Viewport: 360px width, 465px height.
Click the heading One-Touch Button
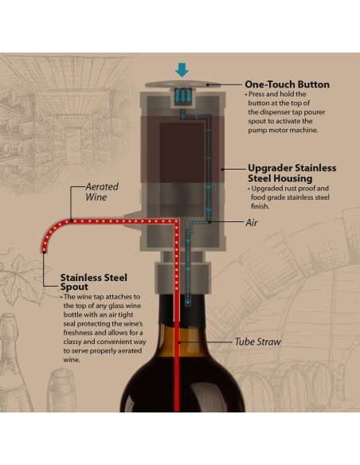pyautogui.click(x=287, y=84)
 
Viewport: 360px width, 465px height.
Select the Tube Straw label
pyautogui.click(x=256, y=342)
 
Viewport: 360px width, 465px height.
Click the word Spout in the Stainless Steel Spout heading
pyautogui.click(x=74, y=287)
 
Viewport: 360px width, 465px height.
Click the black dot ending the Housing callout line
pyautogui.click(x=225, y=169)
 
